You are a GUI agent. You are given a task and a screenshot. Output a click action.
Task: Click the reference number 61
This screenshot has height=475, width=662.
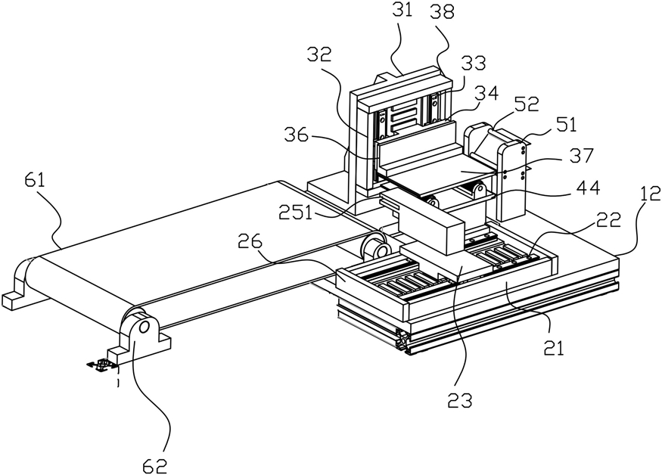(x=34, y=182)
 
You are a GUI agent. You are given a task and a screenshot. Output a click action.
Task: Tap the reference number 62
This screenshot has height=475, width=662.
(x=155, y=465)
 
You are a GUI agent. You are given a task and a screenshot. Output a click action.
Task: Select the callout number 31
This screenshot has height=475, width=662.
(x=402, y=9)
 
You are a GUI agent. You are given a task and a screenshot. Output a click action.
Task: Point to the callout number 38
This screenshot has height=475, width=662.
(x=442, y=13)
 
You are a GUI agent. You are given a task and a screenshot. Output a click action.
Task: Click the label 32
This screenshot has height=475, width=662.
(x=319, y=55)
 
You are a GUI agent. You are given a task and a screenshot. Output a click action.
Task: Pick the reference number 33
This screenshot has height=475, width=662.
(x=474, y=63)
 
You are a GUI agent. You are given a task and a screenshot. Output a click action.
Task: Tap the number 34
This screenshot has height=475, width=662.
(x=486, y=92)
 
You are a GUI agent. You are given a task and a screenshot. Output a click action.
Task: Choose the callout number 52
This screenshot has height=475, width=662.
(x=527, y=104)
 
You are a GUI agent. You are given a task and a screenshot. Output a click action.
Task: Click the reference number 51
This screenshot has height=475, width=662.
(x=567, y=125)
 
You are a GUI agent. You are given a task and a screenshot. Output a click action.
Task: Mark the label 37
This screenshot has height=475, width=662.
(x=583, y=156)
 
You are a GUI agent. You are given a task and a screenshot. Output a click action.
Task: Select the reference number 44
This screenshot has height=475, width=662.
(x=588, y=188)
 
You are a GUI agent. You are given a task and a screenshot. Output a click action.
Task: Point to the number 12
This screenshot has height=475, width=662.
(x=649, y=194)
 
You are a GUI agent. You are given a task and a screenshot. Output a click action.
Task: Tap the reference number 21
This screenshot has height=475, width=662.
(x=554, y=349)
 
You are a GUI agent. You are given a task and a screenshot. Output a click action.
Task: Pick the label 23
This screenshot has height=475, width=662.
(x=460, y=401)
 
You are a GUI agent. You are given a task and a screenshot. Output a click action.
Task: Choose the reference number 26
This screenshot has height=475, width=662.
(x=250, y=242)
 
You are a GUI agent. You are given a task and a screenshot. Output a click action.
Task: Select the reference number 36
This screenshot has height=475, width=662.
(x=296, y=137)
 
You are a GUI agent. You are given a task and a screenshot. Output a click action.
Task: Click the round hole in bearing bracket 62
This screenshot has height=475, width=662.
(x=143, y=327)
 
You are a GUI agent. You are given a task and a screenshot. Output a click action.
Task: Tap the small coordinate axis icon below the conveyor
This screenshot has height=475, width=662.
(x=101, y=365)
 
